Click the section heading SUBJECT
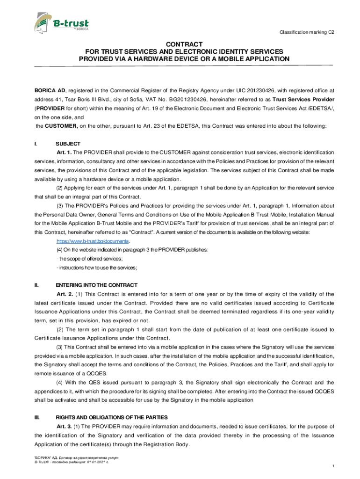click(x=68, y=144)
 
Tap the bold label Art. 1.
click(x=64, y=152)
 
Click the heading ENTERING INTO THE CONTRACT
click(x=96, y=285)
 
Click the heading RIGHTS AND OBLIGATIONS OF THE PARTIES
click(x=111, y=417)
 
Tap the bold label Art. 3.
click(x=64, y=426)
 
